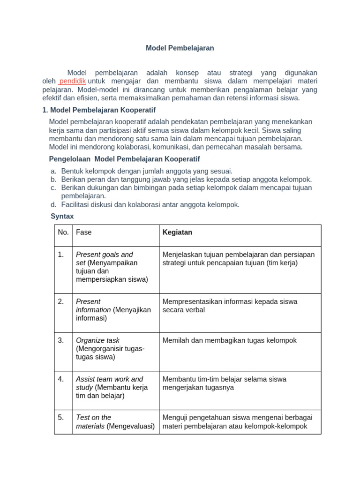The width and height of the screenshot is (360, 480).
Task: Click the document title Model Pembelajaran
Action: (180, 48)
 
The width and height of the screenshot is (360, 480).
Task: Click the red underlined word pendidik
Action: (72, 81)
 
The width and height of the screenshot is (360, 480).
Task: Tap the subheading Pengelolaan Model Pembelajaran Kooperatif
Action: (124, 159)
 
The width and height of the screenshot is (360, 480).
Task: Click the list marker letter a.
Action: (53, 171)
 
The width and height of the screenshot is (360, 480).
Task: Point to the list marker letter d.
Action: (53, 204)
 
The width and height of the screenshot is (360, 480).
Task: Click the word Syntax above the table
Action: (62, 216)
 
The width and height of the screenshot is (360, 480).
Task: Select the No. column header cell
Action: (63, 232)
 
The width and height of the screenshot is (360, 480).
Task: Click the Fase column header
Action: (84, 232)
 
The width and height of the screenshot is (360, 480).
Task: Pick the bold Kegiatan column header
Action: (177, 232)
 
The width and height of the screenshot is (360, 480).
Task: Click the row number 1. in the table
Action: (61, 255)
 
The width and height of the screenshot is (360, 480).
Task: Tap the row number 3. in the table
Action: (61, 340)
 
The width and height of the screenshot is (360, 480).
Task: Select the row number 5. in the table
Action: (61, 417)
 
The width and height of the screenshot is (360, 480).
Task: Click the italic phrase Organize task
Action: (97, 340)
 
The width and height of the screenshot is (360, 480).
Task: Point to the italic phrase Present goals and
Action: (104, 255)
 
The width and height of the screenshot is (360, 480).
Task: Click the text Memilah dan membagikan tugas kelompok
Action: (229, 340)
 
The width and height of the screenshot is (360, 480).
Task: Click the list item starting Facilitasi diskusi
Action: (150, 204)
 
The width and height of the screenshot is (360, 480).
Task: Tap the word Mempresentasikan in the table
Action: (191, 301)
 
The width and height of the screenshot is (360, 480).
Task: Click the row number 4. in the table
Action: (61, 379)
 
